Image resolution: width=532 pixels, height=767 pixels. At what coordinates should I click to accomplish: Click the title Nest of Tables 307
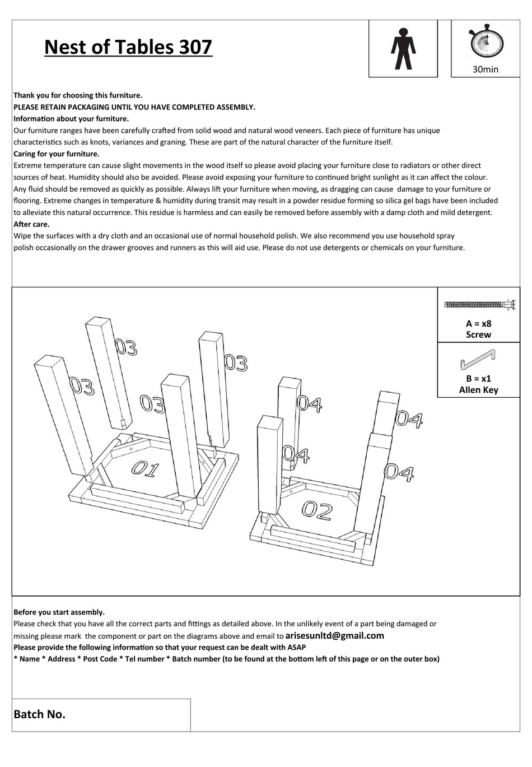128,47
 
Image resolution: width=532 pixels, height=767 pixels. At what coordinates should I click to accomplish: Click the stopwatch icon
486,43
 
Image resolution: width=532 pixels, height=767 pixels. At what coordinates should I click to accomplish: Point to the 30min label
485,69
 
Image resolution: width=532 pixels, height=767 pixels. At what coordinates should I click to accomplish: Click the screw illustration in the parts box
479,305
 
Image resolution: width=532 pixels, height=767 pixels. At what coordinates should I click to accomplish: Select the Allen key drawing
478,359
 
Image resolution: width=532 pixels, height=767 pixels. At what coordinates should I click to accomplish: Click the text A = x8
478,323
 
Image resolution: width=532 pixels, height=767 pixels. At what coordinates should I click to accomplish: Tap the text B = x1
478,378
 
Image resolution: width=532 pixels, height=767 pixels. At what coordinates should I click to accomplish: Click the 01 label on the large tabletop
146,468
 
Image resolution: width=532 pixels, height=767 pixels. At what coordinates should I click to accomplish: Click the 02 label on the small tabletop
317,510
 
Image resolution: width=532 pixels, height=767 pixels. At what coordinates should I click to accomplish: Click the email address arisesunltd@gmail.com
334,635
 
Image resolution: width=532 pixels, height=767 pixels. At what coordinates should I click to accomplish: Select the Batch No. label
40,714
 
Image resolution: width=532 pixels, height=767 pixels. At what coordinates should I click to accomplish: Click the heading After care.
31,224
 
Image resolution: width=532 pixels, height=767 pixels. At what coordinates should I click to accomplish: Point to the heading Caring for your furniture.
57,154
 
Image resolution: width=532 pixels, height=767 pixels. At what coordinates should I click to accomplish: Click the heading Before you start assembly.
59,612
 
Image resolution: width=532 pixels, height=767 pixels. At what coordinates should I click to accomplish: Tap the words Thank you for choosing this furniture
78,95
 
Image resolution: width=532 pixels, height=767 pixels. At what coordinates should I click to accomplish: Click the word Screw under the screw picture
478,334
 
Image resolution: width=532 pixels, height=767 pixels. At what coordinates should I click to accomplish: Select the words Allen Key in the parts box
478,390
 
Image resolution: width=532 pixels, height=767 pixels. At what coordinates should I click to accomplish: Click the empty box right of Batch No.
354,715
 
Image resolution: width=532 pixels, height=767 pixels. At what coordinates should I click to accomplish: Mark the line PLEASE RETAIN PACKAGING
134,107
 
